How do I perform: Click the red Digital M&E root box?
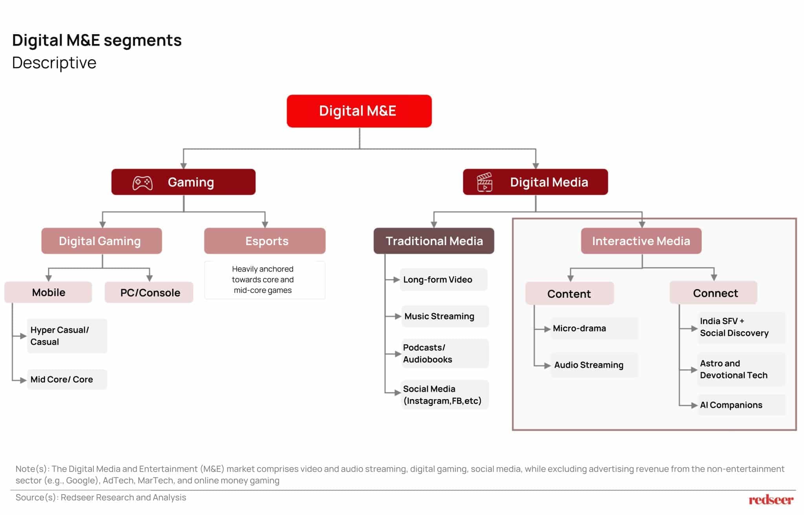pos(359,111)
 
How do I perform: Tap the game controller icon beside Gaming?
pos(143,183)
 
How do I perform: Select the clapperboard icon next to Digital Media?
pos(484,182)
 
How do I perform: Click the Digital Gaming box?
pos(102,241)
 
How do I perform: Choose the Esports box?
pos(265,241)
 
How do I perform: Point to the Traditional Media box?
pos(434,241)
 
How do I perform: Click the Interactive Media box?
pos(641,241)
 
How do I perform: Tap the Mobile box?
pos(48,292)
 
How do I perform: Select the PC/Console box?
pos(149,292)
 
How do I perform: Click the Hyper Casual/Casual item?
pos(67,336)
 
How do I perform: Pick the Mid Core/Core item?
pos(67,379)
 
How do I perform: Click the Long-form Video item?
pos(444,280)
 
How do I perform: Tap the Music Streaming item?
pos(445,316)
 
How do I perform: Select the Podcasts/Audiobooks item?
pos(445,354)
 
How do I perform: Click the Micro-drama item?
pos(594,328)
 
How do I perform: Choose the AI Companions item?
pos(742,405)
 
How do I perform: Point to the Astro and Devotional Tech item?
pos(742,369)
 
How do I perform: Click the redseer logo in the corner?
pos(771,500)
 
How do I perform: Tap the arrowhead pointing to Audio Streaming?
pos(548,366)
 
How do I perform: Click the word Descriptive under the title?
pos(54,63)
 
